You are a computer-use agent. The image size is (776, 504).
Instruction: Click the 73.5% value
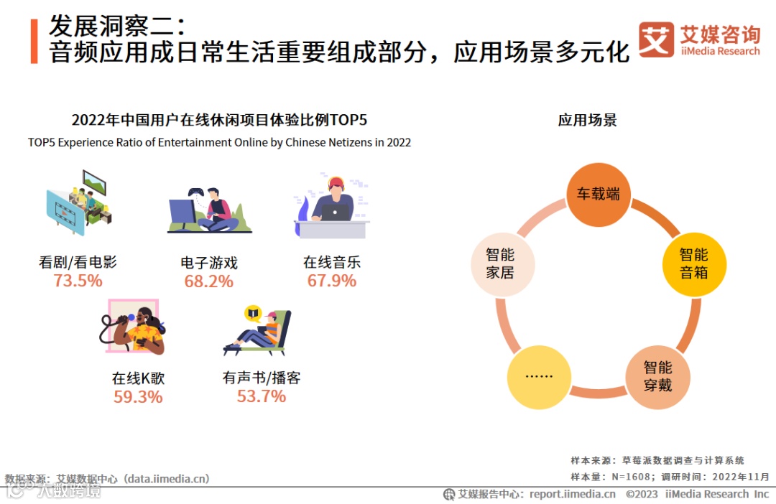pos(78,281)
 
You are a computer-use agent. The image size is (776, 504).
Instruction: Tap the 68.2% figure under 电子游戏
pos(208,281)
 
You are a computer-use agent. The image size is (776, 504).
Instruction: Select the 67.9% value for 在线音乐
pos(331,281)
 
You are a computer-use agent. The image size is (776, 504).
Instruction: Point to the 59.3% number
pos(138,396)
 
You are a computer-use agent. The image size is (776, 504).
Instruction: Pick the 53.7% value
pos(261,396)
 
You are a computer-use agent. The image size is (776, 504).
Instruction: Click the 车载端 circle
pos(598,195)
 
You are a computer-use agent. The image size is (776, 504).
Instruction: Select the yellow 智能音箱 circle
pos(693,263)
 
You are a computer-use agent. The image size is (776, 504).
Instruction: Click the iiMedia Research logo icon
pos(655,39)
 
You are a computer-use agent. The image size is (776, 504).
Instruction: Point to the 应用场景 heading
pos(587,120)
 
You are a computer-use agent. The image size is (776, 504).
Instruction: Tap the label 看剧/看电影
pos(78,262)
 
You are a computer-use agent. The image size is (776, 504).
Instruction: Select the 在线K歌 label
pos(138,378)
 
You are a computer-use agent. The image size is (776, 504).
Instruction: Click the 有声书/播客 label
pos(261,378)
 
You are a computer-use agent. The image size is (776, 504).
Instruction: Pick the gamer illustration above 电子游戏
pos(209,210)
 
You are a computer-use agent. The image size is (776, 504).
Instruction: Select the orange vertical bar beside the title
pos(34,41)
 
